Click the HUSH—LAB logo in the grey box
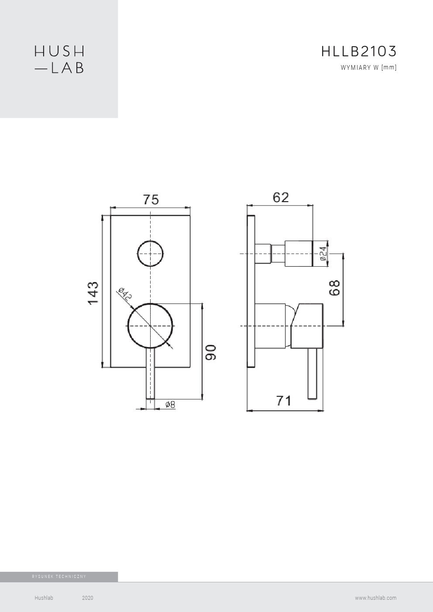(59, 59)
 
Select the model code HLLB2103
(359, 52)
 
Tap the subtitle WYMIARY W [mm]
(368, 68)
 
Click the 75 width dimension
(151, 199)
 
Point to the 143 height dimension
(93, 292)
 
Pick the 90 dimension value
(210, 352)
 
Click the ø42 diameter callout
(125, 294)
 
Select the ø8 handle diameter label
(170, 404)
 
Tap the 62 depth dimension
(281, 197)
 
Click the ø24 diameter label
(323, 254)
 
